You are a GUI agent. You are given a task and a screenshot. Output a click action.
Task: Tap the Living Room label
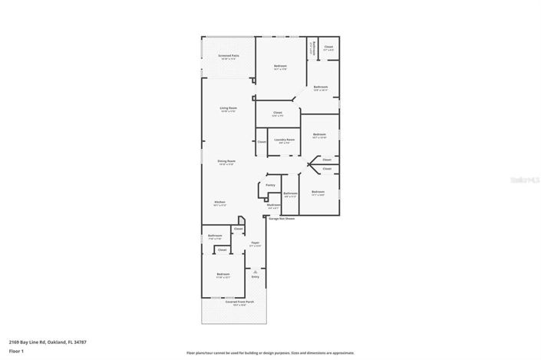click(228, 109)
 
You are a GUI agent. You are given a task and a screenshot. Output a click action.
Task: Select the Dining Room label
click(226, 161)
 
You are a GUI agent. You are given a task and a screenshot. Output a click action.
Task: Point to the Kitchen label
click(220, 203)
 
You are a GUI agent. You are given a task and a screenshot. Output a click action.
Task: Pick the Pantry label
click(270, 185)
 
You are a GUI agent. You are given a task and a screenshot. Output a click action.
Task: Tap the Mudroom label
click(273, 206)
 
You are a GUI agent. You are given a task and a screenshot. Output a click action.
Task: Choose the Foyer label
click(255, 243)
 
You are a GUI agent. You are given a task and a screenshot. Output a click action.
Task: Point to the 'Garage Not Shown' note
click(281, 218)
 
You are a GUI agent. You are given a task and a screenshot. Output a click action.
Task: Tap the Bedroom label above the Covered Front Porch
click(223, 275)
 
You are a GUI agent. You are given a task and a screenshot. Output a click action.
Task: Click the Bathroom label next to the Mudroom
click(290, 193)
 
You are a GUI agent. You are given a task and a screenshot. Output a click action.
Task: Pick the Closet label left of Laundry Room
click(262, 142)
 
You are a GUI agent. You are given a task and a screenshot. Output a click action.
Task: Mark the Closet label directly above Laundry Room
click(277, 114)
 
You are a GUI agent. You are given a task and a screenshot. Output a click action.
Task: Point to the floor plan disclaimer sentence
click(269, 352)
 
